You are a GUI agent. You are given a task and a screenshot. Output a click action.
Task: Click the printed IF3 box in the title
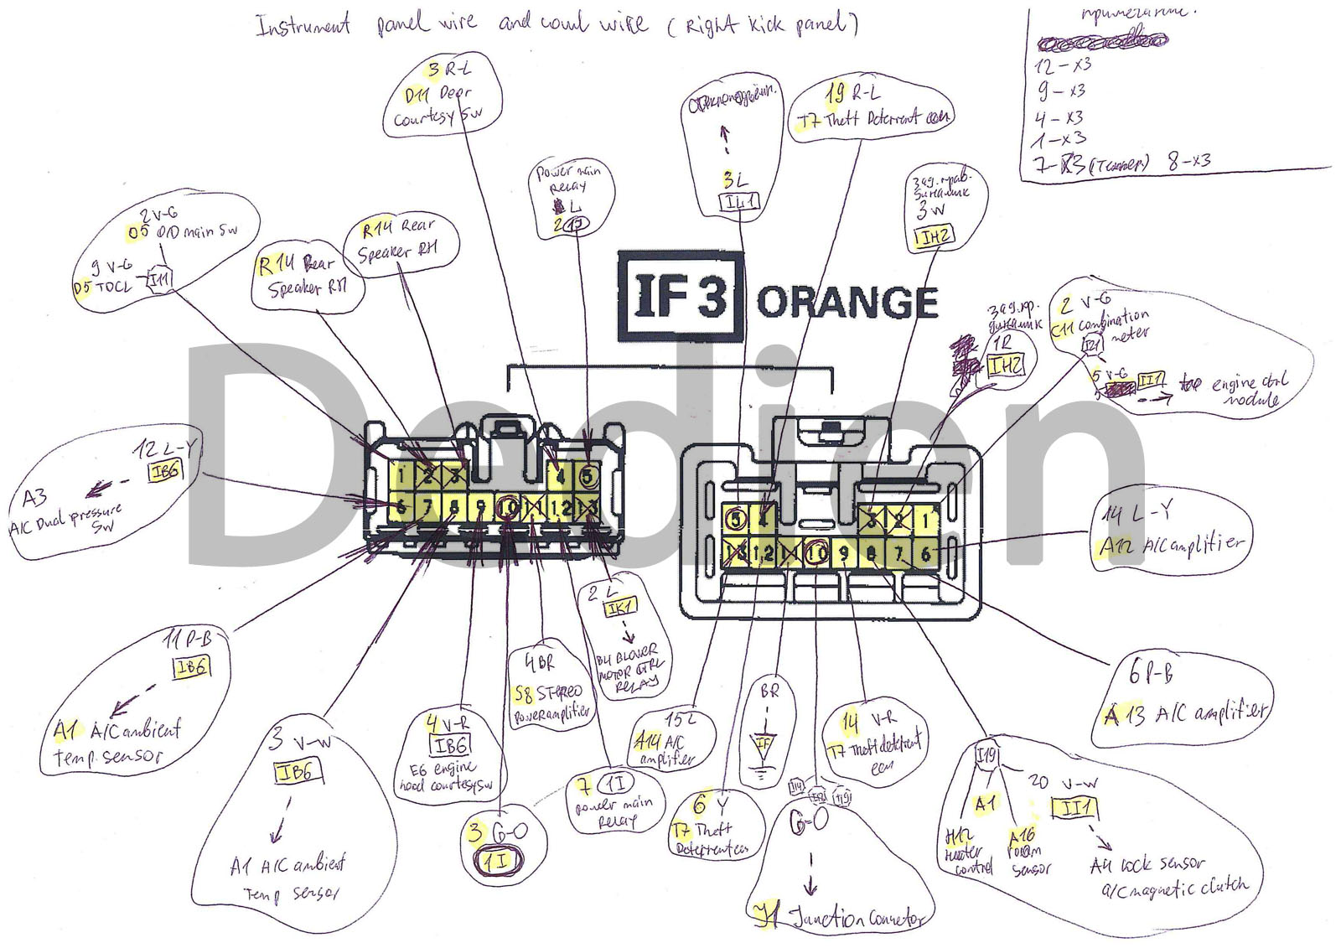tap(680, 296)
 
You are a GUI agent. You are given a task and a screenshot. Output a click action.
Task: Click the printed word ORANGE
tap(847, 303)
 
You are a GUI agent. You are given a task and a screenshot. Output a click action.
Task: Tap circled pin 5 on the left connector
tap(588, 476)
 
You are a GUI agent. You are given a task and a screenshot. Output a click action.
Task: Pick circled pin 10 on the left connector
tap(509, 506)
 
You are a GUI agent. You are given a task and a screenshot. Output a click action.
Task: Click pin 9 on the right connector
tap(844, 552)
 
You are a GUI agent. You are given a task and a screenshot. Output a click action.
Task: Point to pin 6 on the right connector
tap(925, 552)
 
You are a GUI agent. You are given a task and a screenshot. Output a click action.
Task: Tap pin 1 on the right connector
tap(925, 521)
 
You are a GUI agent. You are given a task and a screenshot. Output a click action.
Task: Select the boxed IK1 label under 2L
tap(621, 608)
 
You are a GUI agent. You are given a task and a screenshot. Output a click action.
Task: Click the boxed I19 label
tap(987, 757)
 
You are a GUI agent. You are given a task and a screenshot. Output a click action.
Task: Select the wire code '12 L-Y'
tap(166, 449)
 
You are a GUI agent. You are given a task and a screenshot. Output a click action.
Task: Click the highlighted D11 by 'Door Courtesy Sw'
tap(417, 95)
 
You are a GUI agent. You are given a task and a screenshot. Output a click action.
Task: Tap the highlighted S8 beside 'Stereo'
tap(523, 695)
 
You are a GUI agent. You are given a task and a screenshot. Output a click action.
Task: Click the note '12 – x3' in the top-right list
tap(1063, 65)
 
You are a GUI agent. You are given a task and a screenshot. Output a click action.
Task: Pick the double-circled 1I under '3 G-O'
tap(498, 861)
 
